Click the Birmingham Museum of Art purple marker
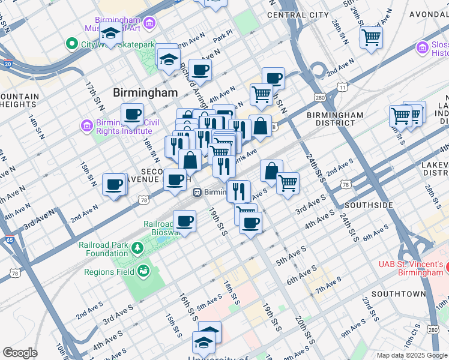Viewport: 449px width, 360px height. (x=149, y=23)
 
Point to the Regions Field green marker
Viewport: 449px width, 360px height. (x=143, y=271)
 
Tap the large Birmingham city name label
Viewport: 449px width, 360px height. (x=145, y=92)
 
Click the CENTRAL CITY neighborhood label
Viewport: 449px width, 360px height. (x=298, y=14)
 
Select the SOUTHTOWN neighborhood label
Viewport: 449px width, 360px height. (x=398, y=294)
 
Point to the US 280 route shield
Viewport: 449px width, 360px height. (x=319, y=97)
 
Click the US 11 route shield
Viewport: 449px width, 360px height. (x=343, y=88)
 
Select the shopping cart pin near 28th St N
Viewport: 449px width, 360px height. (x=372, y=37)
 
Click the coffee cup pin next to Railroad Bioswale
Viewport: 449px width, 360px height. (x=185, y=220)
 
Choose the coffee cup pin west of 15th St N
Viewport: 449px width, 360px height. (x=114, y=184)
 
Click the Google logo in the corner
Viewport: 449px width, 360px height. (x=20, y=352)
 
